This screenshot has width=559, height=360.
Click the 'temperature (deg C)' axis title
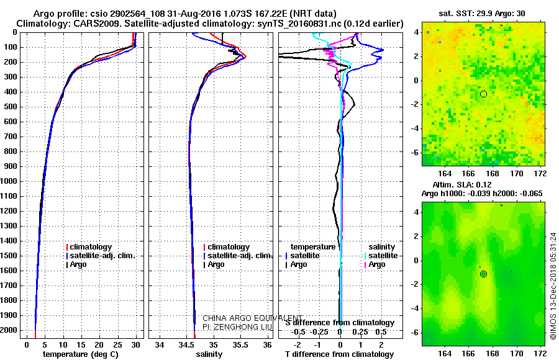click(x=80, y=354)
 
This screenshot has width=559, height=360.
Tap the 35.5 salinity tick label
click(x=240, y=344)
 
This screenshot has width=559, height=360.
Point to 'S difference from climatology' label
click(x=339, y=323)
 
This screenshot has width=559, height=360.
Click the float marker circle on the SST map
click(x=483, y=94)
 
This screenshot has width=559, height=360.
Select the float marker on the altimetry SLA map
click(x=483, y=274)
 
